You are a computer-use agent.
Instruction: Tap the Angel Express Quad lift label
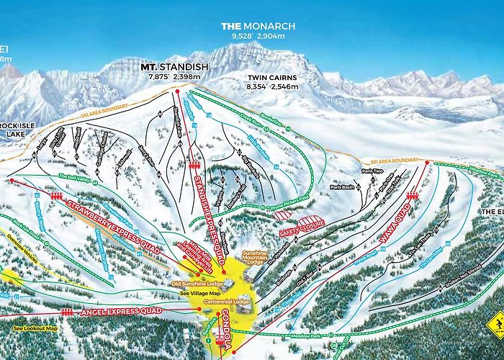118,310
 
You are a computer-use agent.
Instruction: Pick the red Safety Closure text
301,230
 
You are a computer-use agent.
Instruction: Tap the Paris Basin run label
343,186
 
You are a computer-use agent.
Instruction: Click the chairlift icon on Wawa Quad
413,196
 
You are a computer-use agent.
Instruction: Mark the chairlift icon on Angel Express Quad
68,312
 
